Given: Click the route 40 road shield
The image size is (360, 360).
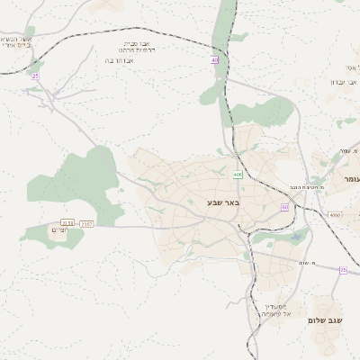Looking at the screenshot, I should point(215,60).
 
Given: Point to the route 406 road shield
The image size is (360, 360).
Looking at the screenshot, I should point(238,175).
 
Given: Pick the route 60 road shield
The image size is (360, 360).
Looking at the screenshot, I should point(284,207).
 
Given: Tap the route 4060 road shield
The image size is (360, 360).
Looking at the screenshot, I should point(335,215).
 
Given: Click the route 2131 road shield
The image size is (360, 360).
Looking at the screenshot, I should point(67,222).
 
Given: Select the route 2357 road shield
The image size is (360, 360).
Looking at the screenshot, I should point(86,223).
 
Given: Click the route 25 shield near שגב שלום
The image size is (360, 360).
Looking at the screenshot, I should point(343,270).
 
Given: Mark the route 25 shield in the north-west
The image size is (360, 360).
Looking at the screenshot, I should point(35,76).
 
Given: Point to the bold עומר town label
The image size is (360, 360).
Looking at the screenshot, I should point(349,180).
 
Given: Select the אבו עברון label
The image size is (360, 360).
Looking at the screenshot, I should point(345,81).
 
